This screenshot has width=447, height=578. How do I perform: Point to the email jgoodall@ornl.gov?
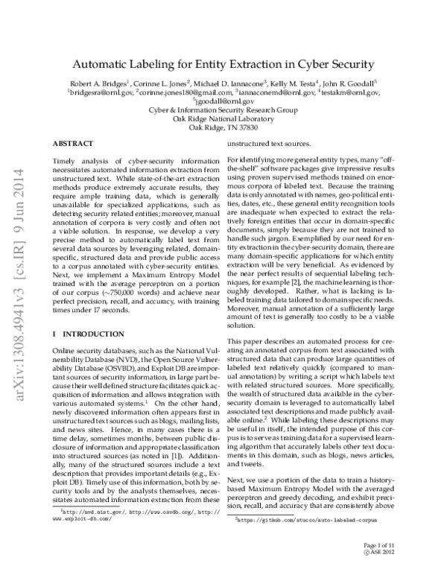(x=224, y=102)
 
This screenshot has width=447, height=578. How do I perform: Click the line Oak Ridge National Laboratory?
(x=223, y=118)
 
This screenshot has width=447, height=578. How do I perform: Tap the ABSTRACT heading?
(x=73, y=142)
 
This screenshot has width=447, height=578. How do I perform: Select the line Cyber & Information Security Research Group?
(x=223, y=110)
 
